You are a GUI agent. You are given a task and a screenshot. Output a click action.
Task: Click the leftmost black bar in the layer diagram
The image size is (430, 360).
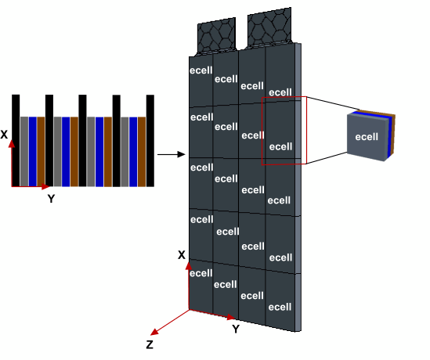[x=16, y=141]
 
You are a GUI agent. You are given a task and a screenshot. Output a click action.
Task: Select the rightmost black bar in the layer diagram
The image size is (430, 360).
[x=150, y=141]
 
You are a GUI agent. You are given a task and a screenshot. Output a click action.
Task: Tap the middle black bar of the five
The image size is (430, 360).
[x=82, y=141]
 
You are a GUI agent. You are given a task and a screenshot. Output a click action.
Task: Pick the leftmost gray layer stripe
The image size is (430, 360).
[x=24, y=152]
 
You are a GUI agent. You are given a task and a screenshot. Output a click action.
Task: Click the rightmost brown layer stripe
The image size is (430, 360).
[x=142, y=152]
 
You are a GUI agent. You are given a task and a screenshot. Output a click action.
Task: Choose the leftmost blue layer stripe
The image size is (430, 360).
[x=33, y=152]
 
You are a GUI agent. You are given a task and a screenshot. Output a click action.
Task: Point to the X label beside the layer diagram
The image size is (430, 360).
[x=4, y=135]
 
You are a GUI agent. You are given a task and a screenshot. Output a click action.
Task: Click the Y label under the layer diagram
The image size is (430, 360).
[x=51, y=199]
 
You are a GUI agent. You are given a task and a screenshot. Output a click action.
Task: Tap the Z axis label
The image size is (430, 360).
[x=150, y=344]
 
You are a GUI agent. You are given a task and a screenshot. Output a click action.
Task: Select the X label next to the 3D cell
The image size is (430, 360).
[x=182, y=255]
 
